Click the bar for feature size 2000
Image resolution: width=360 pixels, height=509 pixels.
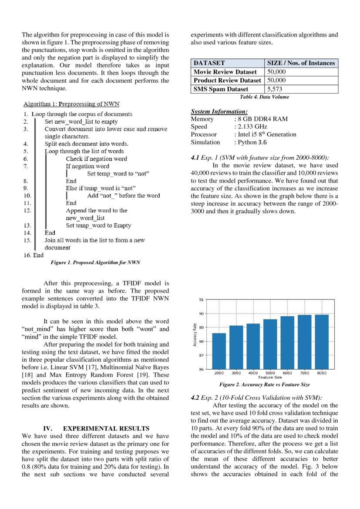pos(219,351)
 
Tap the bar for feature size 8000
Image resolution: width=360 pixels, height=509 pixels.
pos(322,342)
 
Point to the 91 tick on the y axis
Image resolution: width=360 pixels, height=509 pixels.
pos(201,300)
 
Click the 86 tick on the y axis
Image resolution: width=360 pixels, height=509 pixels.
pos(201,370)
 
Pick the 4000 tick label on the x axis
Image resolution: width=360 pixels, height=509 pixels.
pos(253,373)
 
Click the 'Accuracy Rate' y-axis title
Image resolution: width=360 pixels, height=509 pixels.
pos(195,335)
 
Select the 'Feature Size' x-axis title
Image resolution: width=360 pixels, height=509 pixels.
pos(270,378)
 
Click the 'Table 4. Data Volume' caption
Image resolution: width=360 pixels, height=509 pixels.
pos(264,97)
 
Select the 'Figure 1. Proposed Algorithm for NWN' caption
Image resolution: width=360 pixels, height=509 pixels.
pos(95,263)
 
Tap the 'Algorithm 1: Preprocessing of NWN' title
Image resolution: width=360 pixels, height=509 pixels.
pos(71,104)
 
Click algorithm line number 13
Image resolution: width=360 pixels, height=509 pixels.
pos(27,226)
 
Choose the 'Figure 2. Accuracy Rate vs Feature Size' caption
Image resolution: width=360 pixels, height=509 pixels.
pos(264,385)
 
